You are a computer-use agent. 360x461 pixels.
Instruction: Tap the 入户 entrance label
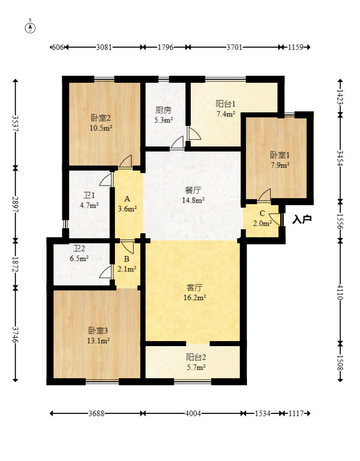[x=302, y=219]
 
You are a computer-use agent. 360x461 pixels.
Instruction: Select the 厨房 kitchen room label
[x=163, y=110]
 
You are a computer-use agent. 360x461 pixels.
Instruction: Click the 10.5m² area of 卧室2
[x=101, y=128]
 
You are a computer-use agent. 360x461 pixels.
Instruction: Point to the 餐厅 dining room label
[x=193, y=191]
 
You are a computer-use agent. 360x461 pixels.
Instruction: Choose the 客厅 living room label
[x=194, y=287]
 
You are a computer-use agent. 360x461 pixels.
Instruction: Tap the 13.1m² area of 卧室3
[x=98, y=341]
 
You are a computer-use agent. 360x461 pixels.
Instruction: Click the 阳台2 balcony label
[x=196, y=357]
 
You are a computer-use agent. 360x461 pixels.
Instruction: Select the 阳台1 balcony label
[x=225, y=104]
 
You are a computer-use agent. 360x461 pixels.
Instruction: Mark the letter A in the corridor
[x=127, y=199]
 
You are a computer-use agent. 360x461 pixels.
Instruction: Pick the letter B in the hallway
[x=127, y=259]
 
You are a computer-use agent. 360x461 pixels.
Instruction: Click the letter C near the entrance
[x=262, y=214]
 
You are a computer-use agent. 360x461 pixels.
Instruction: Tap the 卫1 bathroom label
[x=89, y=195]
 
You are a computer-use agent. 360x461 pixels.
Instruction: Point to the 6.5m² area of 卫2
[x=79, y=259]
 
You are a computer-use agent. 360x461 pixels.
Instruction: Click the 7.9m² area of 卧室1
[x=280, y=165]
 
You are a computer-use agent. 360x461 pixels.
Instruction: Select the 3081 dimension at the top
[x=104, y=47]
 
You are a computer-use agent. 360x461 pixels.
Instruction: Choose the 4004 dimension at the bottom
[x=193, y=413]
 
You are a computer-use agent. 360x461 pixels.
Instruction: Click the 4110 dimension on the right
[x=340, y=292]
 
